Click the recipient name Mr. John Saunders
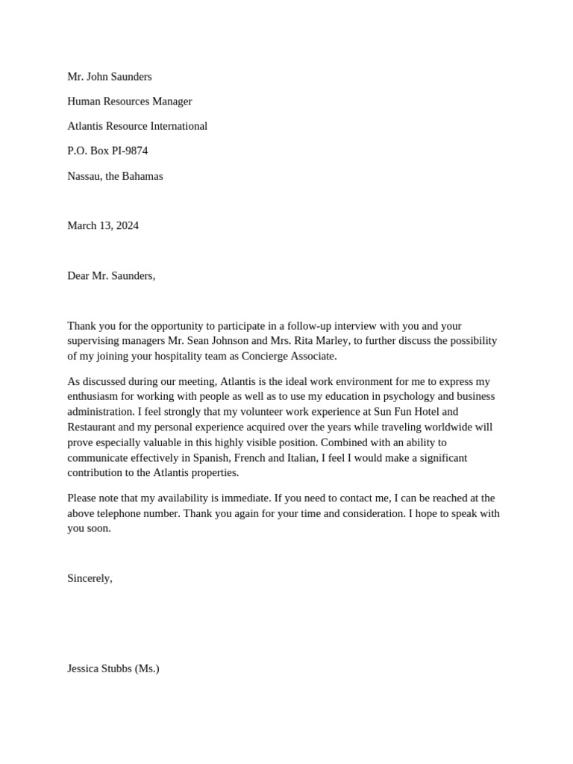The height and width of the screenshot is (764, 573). (110, 77)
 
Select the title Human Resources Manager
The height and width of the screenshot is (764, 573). (130, 101)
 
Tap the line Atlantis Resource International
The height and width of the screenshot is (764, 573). (137, 126)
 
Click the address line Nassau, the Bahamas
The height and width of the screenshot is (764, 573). (115, 176)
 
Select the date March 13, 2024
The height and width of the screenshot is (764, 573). (103, 225)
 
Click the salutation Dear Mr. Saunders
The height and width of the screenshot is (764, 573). (111, 275)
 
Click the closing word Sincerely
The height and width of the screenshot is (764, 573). (89, 578)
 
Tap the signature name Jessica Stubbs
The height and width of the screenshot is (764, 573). (99, 668)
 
